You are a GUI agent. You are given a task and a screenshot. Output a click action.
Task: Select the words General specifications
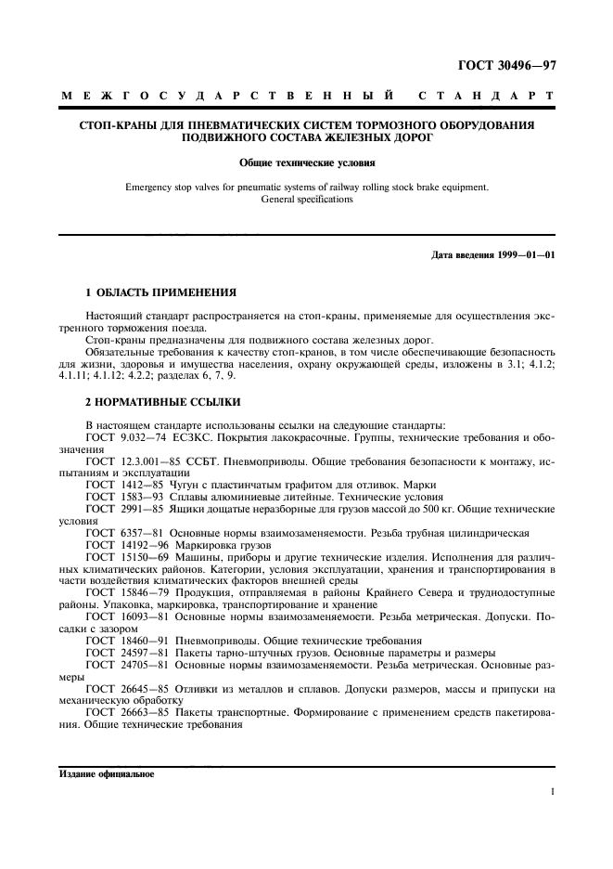(307, 199)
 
